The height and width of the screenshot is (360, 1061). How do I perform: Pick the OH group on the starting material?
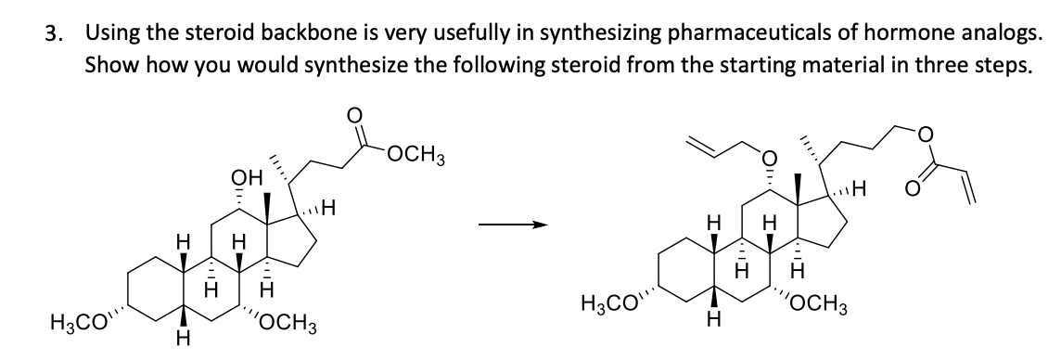242,176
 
